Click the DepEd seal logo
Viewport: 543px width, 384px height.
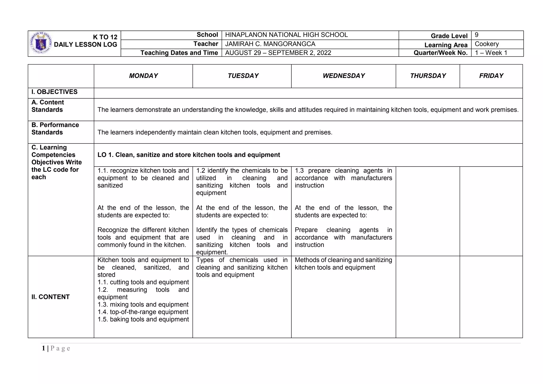coord(41,43)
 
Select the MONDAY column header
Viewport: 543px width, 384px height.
coord(143,76)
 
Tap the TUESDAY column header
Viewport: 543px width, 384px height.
coord(243,76)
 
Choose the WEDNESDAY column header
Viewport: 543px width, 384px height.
coord(344,76)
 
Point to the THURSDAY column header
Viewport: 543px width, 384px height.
coord(428,76)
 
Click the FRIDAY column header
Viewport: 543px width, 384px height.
coord(491,76)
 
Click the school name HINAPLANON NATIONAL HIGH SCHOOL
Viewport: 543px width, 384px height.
coord(286,35)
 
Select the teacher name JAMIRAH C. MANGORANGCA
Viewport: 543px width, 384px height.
coord(270,44)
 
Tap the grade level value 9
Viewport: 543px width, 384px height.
coord(476,35)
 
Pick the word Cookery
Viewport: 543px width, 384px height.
coord(487,44)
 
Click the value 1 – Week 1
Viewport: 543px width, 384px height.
coord(491,53)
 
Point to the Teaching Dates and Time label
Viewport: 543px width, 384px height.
coord(179,53)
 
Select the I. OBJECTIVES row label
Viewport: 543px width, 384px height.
coord(54,92)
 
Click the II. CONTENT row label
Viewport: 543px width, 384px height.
coord(50,297)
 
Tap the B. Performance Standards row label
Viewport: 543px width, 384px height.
coord(55,129)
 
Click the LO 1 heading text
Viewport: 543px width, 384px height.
coord(189,155)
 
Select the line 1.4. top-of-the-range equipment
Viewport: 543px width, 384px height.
coord(143,312)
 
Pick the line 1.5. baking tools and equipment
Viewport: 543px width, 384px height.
coord(143,319)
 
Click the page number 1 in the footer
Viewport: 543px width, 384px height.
coord(43,348)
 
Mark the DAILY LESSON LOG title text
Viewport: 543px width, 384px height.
coord(85,45)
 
